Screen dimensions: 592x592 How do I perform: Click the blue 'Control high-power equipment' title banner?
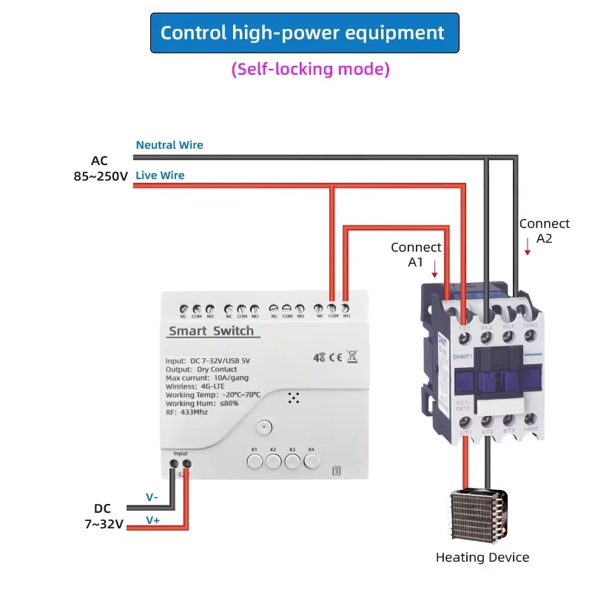click(x=304, y=33)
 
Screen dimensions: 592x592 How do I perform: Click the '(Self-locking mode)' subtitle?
click(x=310, y=70)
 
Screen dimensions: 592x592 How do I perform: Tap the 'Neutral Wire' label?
click(x=169, y=145)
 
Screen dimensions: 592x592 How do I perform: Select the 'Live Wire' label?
click(x=160, y=175)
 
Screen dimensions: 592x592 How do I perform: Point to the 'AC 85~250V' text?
click(x=100, y=169)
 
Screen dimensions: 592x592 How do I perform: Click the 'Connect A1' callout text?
click(x=416, y=255)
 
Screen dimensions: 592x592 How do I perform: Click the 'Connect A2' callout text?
click(x=544, y=230)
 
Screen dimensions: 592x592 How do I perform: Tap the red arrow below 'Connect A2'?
click(x=528, y=249)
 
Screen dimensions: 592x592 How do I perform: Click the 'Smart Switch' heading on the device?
click(x=211, y=331)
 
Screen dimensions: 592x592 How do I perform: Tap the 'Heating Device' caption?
click(x=482, y=557)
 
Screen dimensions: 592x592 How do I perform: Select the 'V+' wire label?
click(x=152, y=520)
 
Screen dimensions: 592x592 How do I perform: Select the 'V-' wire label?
click(x=152, y=497)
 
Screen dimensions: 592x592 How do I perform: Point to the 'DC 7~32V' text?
click(x=104, y=517)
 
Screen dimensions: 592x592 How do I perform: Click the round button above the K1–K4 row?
click(x=263, y=427)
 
